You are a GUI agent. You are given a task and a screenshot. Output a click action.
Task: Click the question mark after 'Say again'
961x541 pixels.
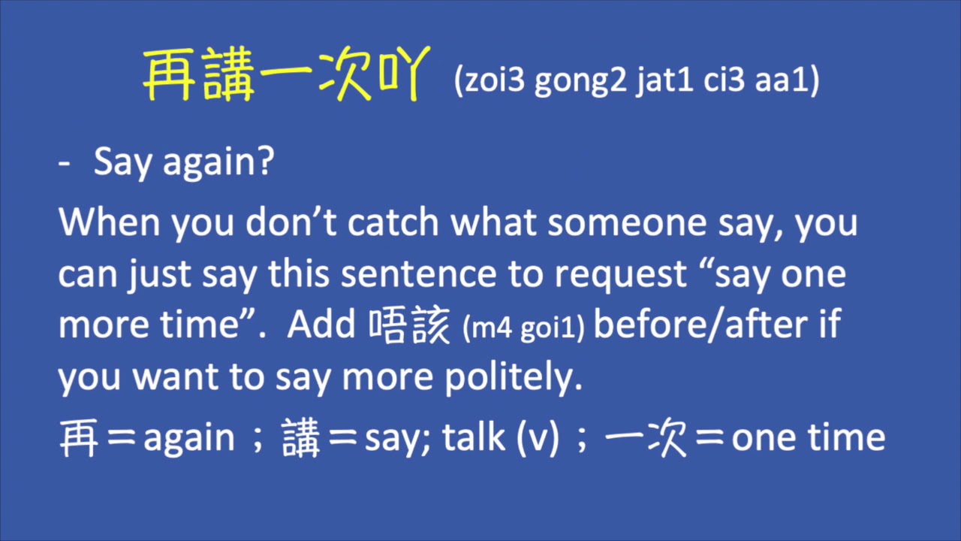[x=264, y=163]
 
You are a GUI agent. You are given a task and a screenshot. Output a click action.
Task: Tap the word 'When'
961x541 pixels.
[x=110, y=223]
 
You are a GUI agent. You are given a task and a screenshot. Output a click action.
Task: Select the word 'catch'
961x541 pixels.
[x=395, y=223]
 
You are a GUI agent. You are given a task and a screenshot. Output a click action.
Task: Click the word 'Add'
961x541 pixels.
[x=321, y=325]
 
